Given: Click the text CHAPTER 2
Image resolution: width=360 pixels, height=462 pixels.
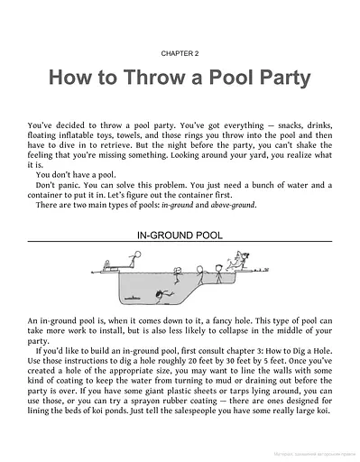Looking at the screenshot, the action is point(180,53).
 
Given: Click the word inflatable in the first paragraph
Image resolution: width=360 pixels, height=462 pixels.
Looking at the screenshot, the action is point(75,130).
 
